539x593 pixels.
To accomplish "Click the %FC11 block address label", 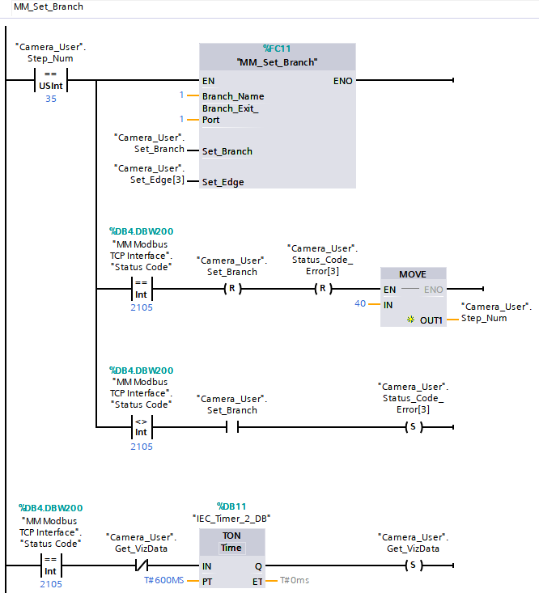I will click(x=278, y=49).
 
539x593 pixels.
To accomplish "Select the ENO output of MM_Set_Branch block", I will click(x=342, y=81).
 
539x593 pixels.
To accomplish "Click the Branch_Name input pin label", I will click(x=233, y=96).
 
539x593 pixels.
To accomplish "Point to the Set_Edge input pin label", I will click(x=223, y=182).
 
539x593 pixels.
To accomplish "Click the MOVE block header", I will click(x=413, y=273).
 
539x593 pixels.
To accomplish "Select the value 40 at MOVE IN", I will click(x=361, y=303).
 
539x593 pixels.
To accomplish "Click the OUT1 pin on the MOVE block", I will click(x=431, y=320).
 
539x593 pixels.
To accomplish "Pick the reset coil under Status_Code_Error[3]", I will click(x=323, y=289).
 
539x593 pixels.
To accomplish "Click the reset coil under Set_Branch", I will click(x=232, y=289).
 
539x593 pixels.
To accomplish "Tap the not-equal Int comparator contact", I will click(x=142, y=426).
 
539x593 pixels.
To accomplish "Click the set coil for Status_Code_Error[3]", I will click(x=412, y=426).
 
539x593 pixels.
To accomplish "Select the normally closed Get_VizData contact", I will click(x=142, y=564).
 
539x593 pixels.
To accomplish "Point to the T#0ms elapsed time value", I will click(x=295, y=580).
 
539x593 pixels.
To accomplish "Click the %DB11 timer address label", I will click(x=231, y=506).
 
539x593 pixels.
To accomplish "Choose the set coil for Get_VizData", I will click(x=412, y=564).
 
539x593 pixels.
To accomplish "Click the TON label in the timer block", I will click(x=231, y=535).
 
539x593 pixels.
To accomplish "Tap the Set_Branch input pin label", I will click(x=227, y=151).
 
